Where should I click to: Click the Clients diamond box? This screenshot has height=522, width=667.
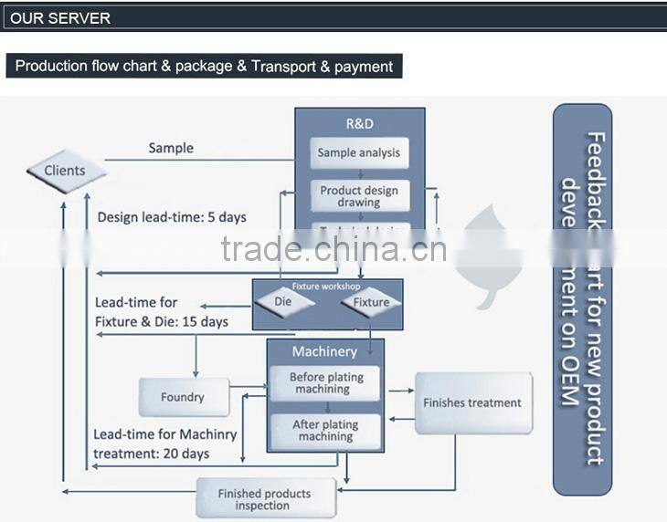pos(64,171)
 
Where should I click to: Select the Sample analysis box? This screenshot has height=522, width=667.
pos(358,152)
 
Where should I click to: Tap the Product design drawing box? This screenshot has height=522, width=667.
pos(358,196)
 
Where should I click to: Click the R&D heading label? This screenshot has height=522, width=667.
pos(359,123)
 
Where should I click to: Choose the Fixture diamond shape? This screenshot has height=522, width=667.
pos(370,302)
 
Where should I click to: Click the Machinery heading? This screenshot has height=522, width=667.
pos(324,351)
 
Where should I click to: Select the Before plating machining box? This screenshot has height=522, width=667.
pos(326,383)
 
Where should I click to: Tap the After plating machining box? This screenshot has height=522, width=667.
pos(325,431)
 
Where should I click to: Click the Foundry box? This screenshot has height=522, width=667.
pos(182,397)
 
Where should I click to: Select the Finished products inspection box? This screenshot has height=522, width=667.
pos(264,499)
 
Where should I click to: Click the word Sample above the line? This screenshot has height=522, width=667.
pos(171,148)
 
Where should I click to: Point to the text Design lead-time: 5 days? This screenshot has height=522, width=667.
pos(172,217)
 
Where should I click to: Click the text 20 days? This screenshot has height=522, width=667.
pos(189,454)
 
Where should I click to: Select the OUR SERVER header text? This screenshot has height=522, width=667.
pos(60,16)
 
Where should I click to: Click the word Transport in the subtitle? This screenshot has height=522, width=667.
pos(282,66)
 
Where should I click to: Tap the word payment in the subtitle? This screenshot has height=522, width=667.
pos(364,66)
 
